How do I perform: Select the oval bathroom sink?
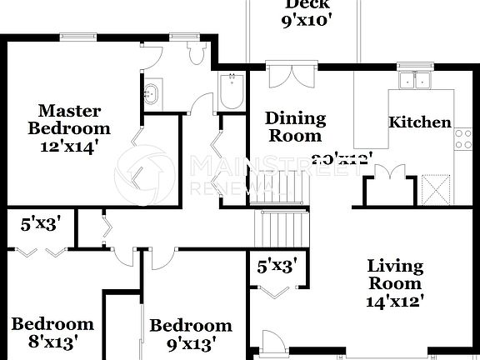[152, 93]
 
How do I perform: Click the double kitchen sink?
[414, 81]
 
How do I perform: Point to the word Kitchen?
[420, 122]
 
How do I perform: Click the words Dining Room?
[294, 127]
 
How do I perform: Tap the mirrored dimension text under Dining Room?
[342, 156]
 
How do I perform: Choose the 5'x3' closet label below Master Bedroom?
[40, 223]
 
